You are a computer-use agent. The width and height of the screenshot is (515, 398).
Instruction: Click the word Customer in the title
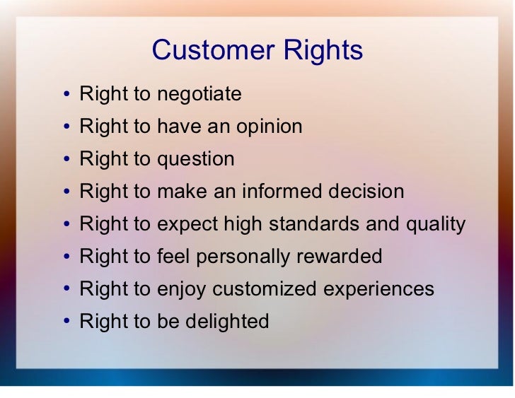(x=213, y=50)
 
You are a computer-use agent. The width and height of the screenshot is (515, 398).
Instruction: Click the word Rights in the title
(x=323, y=51)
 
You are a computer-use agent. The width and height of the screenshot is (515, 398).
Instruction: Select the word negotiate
(x=199, y=95)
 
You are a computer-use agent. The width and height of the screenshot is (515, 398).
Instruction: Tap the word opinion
(x=270, y=127)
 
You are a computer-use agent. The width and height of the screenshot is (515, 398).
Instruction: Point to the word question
(x=196, y=160)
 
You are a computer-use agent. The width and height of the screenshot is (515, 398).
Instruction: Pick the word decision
(x=366, y=191)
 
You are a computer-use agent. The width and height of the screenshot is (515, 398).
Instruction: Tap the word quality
(x=436, y=224)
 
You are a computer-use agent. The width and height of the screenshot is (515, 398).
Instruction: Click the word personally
(x=243, y=257)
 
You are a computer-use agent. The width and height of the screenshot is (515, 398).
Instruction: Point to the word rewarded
(x=340, y=256)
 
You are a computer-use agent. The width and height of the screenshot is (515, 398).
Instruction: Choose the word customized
(x=264, y=288)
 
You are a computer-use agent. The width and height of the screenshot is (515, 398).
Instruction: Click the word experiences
(x=378, y=289)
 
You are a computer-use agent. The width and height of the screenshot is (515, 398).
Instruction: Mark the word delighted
(x=227, y=322)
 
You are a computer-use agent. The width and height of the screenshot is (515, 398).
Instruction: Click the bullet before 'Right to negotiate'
(x=66, y=94)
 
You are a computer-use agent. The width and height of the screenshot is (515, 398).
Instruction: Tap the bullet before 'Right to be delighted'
(x=66, y=321)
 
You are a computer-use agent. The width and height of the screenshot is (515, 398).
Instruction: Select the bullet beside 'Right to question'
(x=66, y=159)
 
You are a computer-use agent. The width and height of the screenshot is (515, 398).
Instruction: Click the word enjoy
(x=182, y=289)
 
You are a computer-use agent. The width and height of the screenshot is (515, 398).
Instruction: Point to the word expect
(x=187, y=224)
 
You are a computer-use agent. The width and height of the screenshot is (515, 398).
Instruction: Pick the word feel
(x=173, y=256)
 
